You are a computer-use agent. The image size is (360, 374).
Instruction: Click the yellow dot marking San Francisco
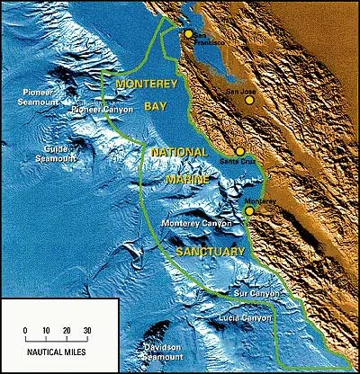click(188, 33)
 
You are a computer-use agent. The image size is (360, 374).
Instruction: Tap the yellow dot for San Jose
click(249, 101)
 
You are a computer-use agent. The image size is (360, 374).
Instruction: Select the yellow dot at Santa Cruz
click(239, 152)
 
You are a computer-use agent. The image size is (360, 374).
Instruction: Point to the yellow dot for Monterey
click(248, 211)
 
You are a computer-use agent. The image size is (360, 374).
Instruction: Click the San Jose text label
click(240, 91)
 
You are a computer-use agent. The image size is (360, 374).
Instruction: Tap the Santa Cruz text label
click(235, 162)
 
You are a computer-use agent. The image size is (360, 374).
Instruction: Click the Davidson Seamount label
click(173, 349)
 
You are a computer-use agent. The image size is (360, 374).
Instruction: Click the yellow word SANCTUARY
click(211, 253)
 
